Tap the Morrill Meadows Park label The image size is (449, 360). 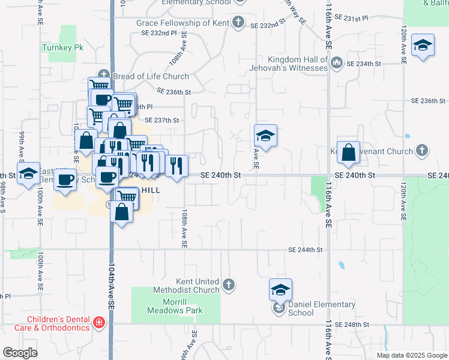[x=175, y=310]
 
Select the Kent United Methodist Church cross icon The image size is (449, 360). [x=228, y=284]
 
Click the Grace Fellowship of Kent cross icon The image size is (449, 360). [x=238, y=23]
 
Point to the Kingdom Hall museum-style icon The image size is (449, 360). [x=336, y=62]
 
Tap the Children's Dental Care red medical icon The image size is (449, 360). [x=99, y=324]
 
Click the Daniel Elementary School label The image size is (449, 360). [x=322, y=308]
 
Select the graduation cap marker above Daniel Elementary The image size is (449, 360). [x=280, y=291]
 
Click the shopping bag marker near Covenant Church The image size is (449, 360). [x=349, y=154]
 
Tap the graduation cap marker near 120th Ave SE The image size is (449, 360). [x=423, y=46]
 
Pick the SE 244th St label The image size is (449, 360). [x=306, y=250]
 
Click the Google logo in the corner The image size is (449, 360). [x=20, y=352]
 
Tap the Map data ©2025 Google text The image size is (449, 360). [x=411, y=355]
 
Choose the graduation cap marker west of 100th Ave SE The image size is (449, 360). [x=28, y=175]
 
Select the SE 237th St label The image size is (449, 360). [x=162, y=120]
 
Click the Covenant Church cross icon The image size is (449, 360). [x=422, y=150]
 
